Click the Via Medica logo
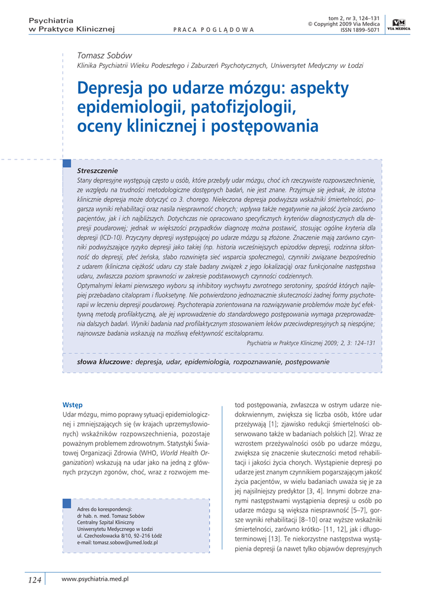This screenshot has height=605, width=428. pyautogui.click(x=397, y=24)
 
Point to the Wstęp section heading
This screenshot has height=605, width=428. pyautogui.click(x=72, y=405)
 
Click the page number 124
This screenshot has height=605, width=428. pyautogui.click(x=35, y=580)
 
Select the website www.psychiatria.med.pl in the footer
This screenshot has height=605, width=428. pyautogui.click(x=95, y=579)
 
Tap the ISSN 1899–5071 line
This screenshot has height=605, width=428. pyautogui.click(x=356, y=30)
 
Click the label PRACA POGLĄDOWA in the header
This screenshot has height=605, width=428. pyautogui.click(x=210, y=30)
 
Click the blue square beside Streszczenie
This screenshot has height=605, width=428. pyautogui.click(x=66, y=163)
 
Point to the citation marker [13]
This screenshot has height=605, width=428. pyautogui.click(x=274, y=539)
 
